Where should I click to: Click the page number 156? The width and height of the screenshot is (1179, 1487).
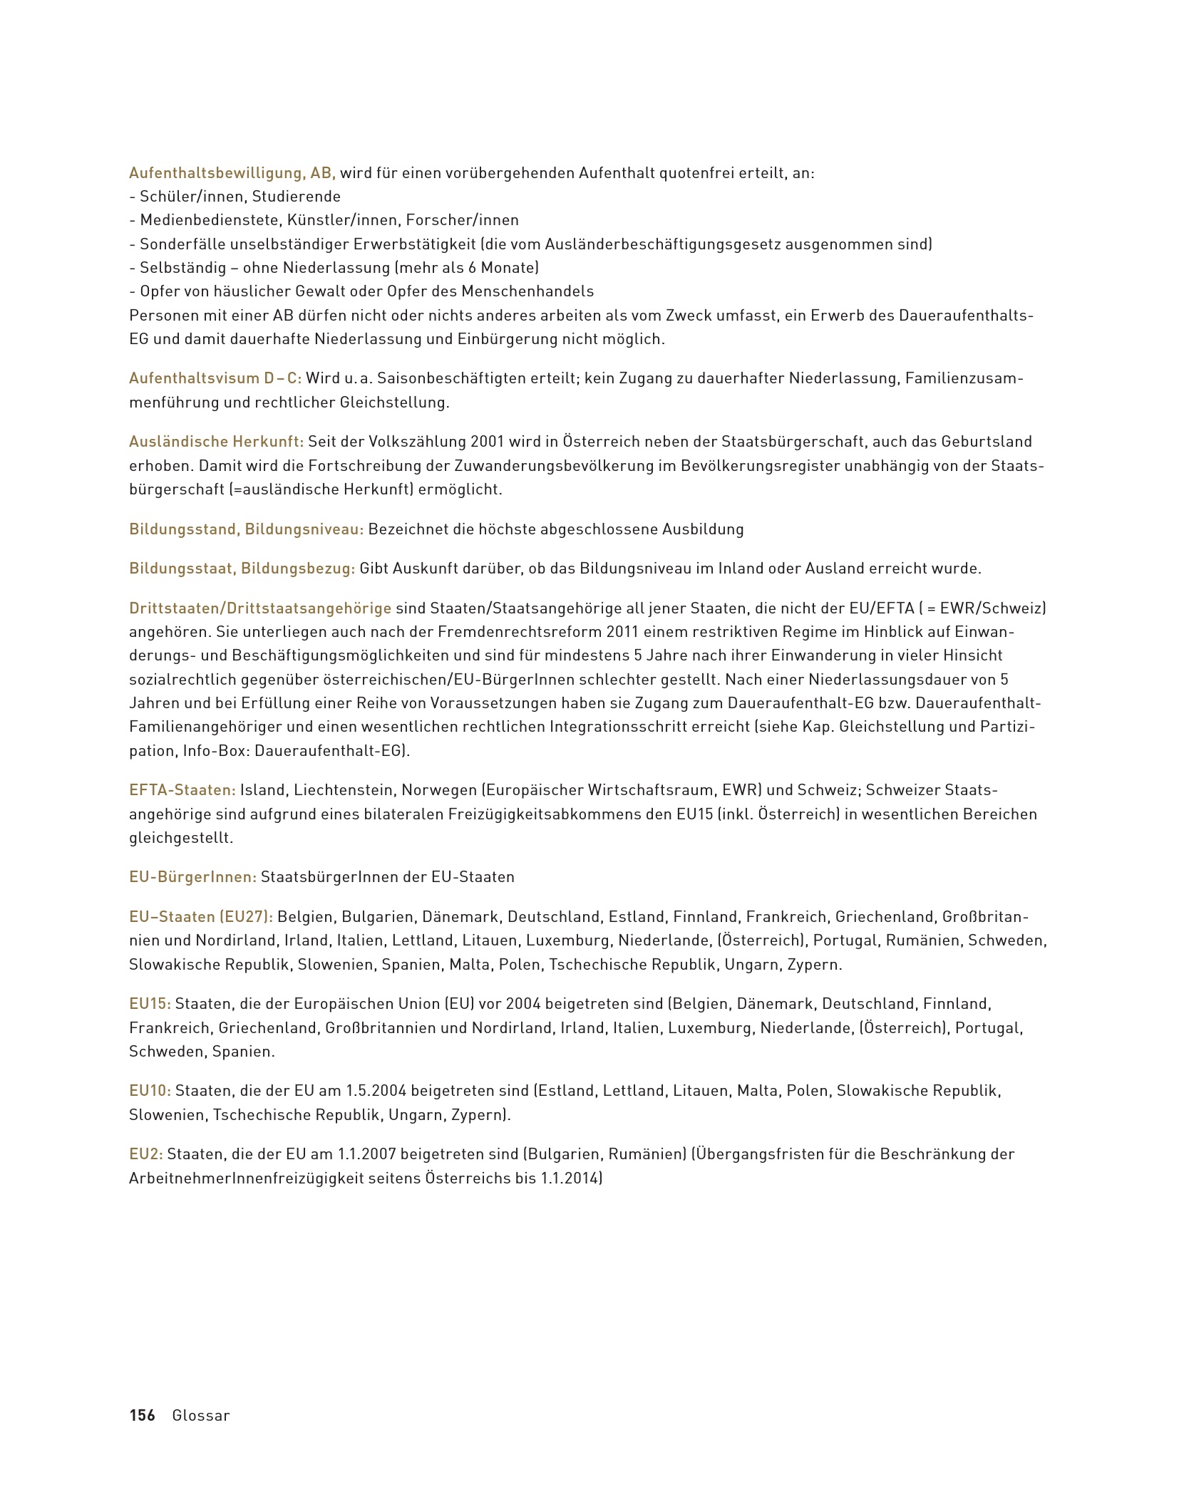(142, 1416)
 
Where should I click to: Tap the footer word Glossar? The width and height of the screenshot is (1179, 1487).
(201, 1416)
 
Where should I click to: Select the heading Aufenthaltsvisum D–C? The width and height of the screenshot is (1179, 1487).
(215, 378)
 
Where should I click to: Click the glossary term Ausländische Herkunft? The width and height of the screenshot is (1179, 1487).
(216, 442)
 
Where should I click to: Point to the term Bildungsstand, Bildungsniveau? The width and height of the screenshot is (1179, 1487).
(247, 529)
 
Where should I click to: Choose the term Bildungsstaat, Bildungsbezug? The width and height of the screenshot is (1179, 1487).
(242, 569)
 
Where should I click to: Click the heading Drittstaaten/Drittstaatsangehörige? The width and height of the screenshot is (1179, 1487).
(260, 608)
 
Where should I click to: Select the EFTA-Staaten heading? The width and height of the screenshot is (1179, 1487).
(182, 790)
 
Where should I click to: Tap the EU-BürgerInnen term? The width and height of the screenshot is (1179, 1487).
(192, 877)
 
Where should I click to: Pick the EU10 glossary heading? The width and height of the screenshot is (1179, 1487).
(150, 1091)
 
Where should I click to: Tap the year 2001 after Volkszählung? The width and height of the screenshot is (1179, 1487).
(488, 442)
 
